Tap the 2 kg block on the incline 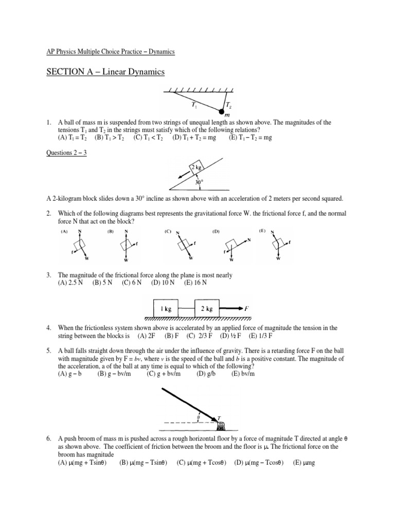click(195, 167)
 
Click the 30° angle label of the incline click(199, 182)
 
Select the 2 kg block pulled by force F click(207, 310)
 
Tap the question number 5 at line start click(48, 350)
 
